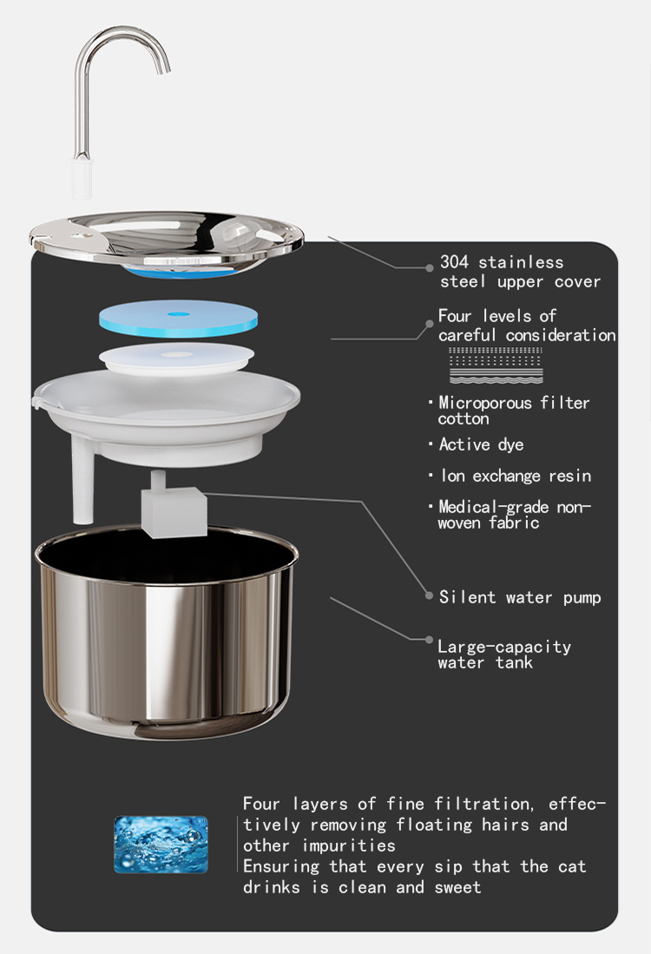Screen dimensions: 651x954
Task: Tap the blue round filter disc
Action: click(178, 319)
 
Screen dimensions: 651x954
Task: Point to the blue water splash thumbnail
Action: click(161, 845)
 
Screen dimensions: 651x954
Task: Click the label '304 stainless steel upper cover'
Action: click(520, 272)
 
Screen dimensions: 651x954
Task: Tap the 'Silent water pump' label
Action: click(520, 597)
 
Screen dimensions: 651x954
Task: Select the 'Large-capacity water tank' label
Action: click(504, 655)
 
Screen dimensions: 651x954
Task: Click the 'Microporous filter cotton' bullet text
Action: click(514, 410)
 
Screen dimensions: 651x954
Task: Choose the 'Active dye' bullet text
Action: click(481, 444)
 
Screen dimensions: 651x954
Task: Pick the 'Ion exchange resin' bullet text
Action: click(516, 476)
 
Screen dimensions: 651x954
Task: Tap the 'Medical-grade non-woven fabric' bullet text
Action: click(515, 515)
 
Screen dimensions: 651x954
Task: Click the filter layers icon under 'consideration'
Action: click(496, 365)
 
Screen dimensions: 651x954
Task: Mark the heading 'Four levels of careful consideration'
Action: click(527, 326)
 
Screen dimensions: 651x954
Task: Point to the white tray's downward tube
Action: click(82, 481)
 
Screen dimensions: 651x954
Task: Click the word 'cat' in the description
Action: click(572, 866)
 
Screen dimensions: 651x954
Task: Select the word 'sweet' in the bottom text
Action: click(457, 887)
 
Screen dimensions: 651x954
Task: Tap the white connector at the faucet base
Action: click(82, 178)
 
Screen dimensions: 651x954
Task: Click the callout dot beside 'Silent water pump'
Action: click(429, 596)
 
